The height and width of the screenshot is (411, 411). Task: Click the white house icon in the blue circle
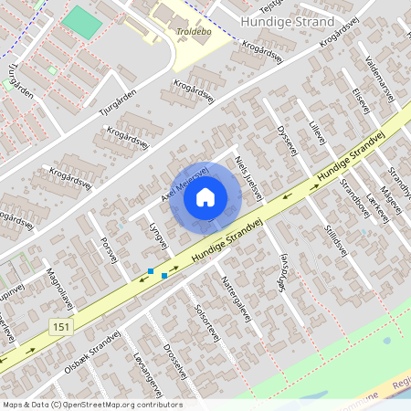205,195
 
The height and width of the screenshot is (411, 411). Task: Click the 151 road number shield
60,327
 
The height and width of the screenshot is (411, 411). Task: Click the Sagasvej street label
282,270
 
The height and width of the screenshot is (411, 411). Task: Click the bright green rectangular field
83,23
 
